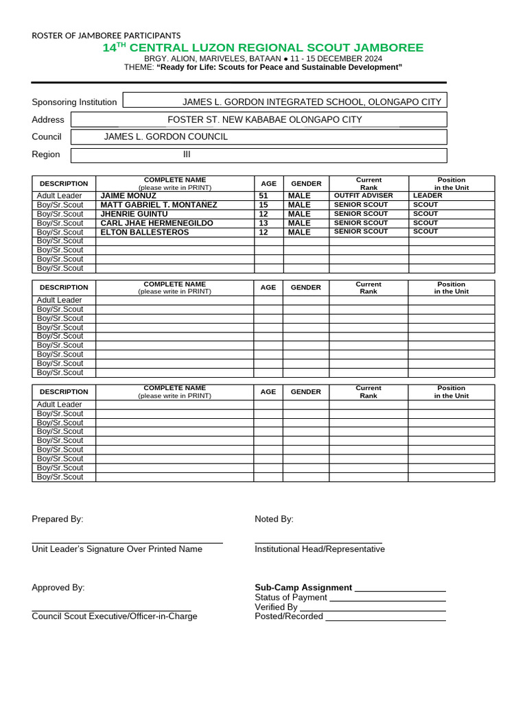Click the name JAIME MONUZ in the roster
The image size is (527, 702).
[128, 196]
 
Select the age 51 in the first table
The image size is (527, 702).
[263, 196]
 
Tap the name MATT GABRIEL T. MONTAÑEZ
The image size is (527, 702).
[159, 205]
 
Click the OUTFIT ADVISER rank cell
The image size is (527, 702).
[363, 196]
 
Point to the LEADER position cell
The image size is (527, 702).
[428, 196]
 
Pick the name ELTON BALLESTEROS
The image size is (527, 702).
[145, 232]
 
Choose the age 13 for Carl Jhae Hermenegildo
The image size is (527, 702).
[263, 223]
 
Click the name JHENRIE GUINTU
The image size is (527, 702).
[134, 214]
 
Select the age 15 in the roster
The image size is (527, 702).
[263, 205]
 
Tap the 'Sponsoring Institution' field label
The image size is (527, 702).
[74, 102]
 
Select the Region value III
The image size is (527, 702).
[186, 154]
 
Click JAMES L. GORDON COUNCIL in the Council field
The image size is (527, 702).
[165, 137]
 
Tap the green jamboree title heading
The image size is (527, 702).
[263, 48]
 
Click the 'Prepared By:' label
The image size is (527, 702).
[57, 519]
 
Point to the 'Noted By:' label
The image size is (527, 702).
[274, 519]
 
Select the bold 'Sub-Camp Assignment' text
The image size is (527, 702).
[303, 588]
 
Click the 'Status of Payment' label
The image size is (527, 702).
[290, 598]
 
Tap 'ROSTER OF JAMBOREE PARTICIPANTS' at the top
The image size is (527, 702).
[106, 36]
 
